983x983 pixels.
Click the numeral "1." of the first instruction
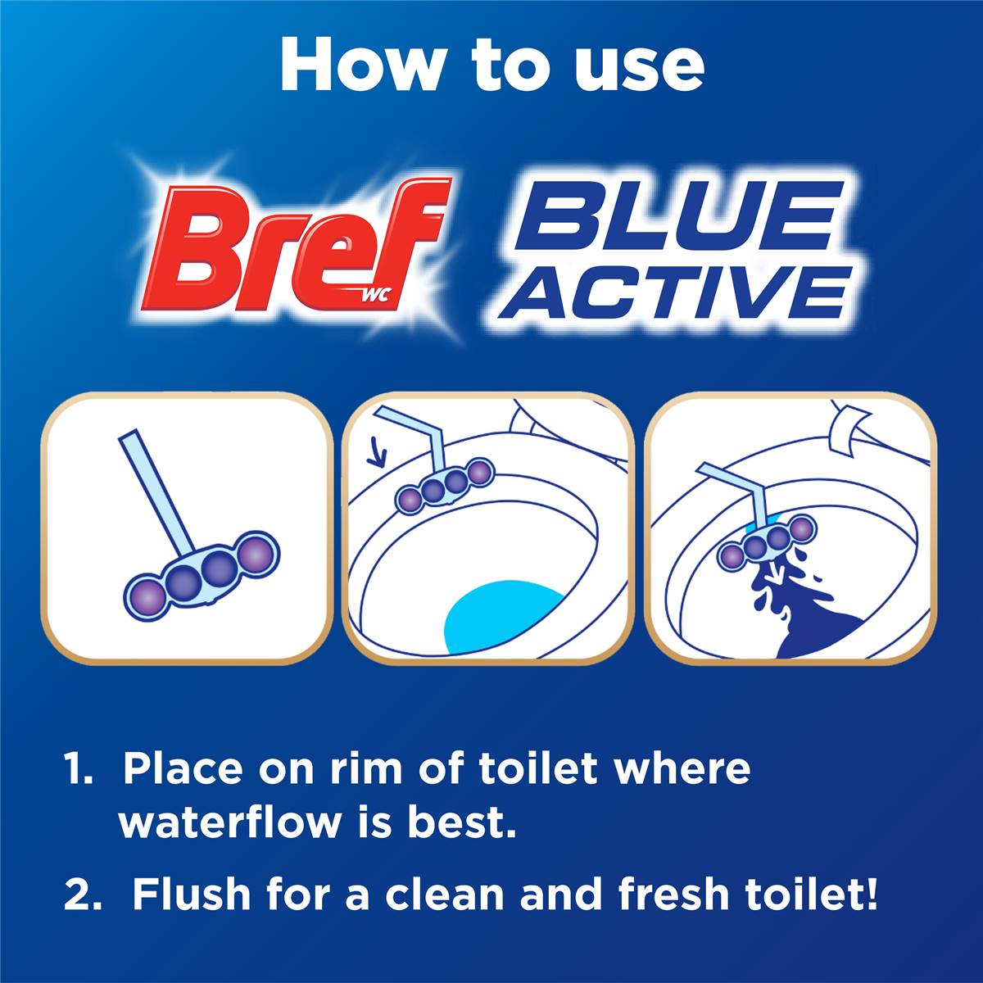pos(84,769)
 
